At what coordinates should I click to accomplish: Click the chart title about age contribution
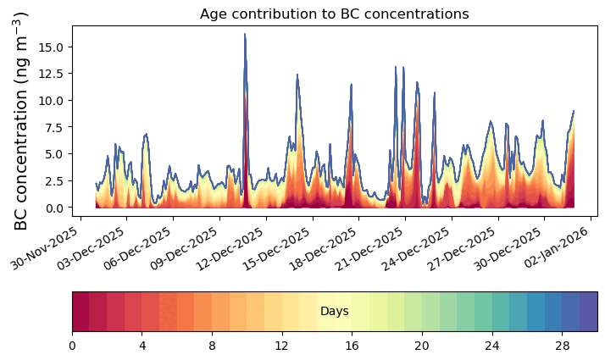tap(334, 14)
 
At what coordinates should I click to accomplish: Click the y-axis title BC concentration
tap(23, 121)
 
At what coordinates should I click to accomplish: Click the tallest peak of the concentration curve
tap(245, 35)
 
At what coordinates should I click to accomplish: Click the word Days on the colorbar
tap(335, 312)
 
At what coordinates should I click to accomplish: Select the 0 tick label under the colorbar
tap(72, 346)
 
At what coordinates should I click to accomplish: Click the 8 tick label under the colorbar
tap(212, 346)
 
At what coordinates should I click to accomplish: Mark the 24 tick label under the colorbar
tap(491, 346)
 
